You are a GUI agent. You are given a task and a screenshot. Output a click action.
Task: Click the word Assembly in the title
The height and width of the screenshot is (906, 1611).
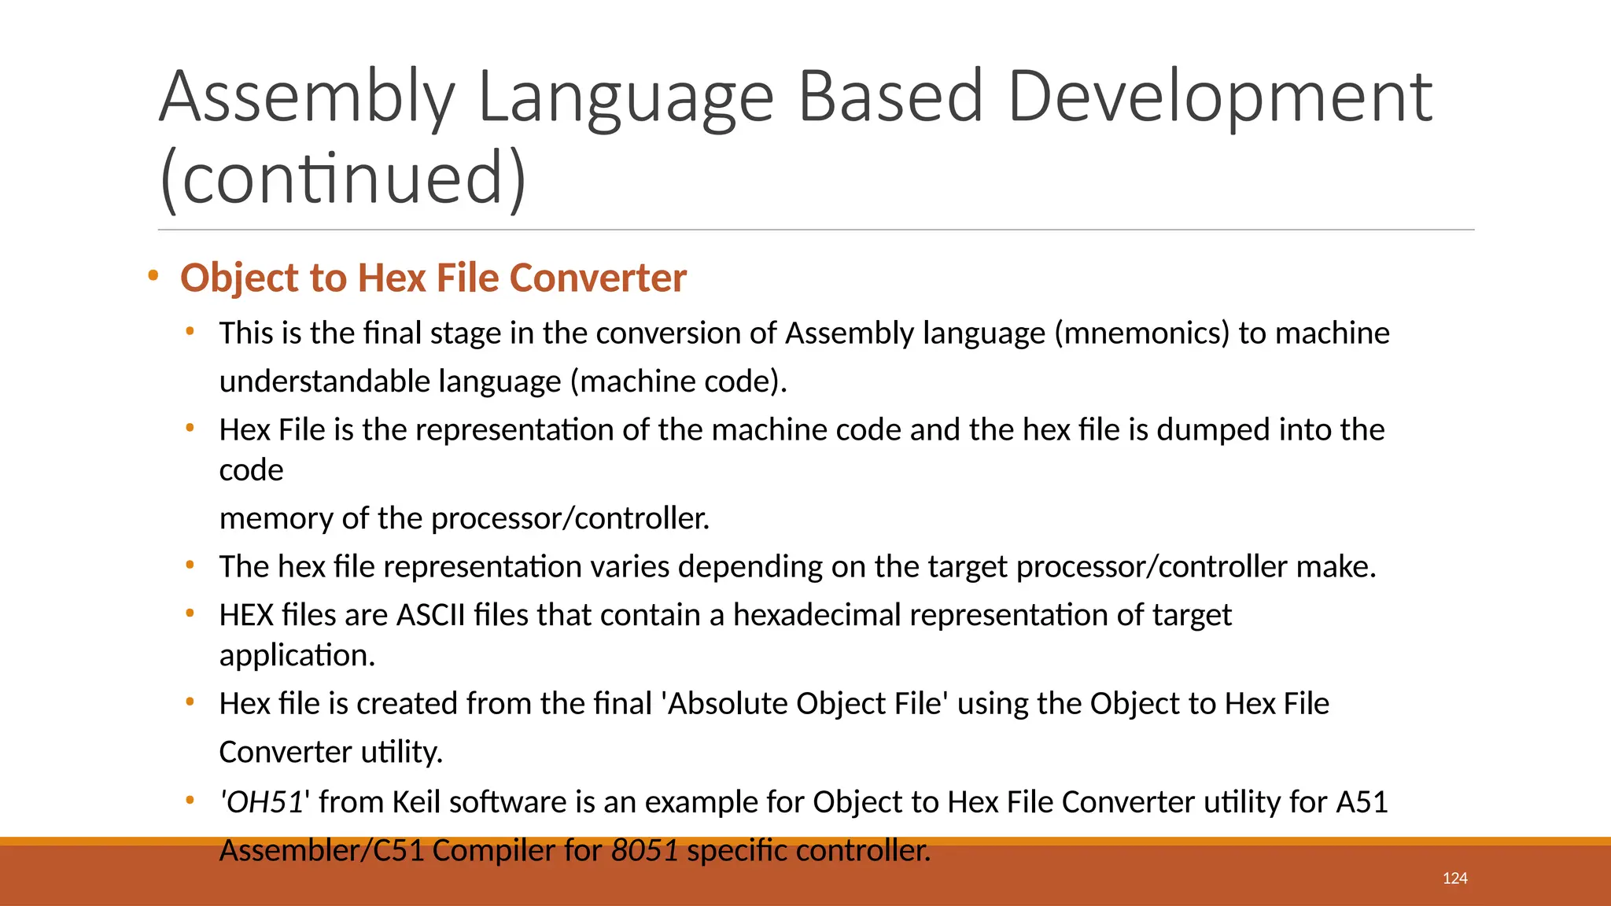pos(307,98)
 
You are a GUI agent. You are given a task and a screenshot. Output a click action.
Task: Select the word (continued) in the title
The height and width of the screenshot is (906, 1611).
pos(343,179)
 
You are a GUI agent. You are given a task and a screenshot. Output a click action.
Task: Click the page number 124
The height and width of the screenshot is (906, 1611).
pos(1454,878)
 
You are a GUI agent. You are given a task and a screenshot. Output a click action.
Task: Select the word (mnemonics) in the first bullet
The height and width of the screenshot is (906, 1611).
pos(1141,333)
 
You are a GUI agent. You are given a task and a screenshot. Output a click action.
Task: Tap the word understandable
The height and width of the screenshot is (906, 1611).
pos(324,381)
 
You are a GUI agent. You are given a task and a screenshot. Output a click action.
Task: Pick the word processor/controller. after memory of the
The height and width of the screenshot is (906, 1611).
pos(570,519)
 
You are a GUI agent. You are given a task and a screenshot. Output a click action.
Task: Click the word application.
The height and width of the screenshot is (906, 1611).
pos(297,655)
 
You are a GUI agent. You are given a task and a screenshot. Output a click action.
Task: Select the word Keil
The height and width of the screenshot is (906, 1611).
pos(416,802)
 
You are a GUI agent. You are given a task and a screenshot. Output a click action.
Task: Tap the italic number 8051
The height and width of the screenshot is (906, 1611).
pos(644,851)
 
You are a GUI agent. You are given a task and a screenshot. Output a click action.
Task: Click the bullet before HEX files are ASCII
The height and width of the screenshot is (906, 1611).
pos(190,613)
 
